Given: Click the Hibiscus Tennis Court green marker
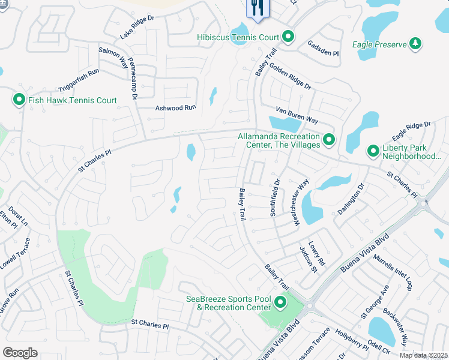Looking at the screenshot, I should coord(288,37).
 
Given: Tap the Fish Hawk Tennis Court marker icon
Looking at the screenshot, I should coord(19,100).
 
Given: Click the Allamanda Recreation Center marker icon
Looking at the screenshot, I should coord(328,140).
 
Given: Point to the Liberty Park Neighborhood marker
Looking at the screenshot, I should coord(372,151).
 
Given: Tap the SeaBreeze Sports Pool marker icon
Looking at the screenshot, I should coord(280,303).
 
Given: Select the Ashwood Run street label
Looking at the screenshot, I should coord(176,107).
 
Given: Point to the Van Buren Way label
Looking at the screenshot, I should coord(297,115).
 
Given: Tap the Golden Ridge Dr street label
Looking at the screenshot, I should coord(291,76).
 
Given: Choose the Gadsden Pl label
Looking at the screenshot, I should coord(323,49).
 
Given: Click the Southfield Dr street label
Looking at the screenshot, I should coord(276,199).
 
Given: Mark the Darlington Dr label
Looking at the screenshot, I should coord(351,197).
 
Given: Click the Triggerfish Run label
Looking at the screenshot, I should coord(79,80).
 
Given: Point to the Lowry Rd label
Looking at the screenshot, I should coord(320,254).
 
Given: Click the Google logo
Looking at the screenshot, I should coord(20,353).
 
